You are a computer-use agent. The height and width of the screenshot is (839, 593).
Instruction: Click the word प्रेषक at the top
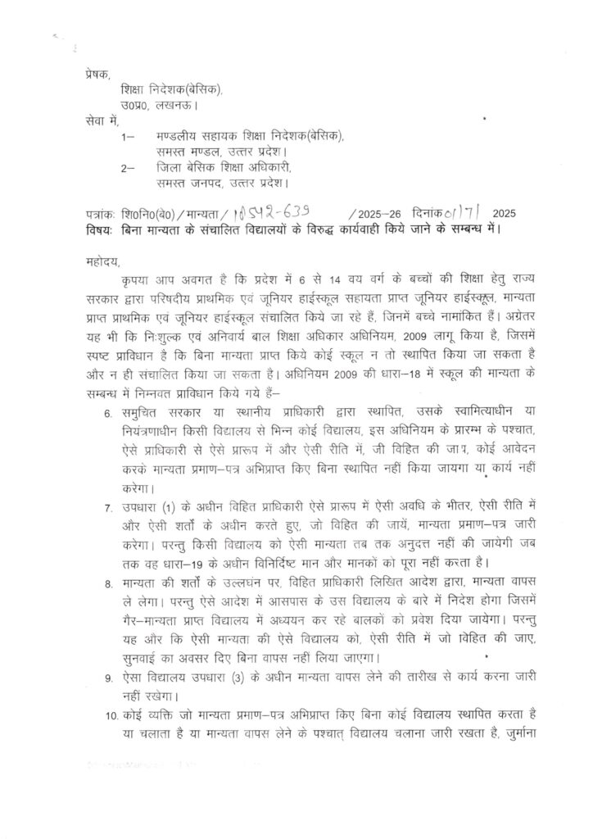(96, 75)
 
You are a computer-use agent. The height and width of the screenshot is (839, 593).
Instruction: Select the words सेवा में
(102, 120)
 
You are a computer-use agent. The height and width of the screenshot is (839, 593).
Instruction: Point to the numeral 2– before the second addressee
(126, 167)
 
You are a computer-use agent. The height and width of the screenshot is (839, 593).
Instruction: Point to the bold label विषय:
(100, 229)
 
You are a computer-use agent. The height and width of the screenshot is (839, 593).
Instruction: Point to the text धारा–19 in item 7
(208, 561)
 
